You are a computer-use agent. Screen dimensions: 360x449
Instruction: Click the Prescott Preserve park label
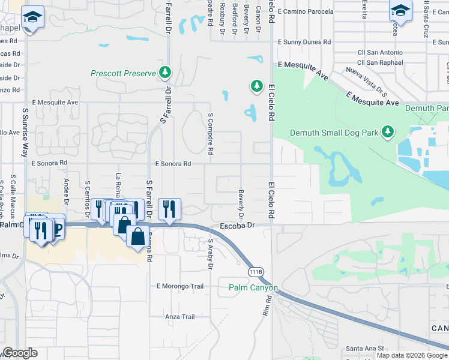[x=123, y=74]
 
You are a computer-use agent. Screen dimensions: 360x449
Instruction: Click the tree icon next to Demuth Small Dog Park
[x=388, y=131]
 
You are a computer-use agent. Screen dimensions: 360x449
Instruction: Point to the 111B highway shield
[x=256, y=272]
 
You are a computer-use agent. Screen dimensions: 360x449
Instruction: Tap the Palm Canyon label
[x=253, y=288]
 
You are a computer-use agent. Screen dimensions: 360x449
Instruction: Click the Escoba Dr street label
[x=238, y=226]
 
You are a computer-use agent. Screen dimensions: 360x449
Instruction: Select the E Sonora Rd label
[x=173, y=164]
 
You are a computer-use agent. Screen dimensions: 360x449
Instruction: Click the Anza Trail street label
[x=180, y=317]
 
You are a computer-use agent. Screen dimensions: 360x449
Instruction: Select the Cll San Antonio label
[x=380, y=53]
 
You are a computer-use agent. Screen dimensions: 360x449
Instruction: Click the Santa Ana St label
[x=364, y=349]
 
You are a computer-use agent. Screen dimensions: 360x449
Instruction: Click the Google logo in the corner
[x=20, y=353]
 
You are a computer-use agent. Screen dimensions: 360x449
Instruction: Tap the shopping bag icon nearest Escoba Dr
[x=138, y=235]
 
